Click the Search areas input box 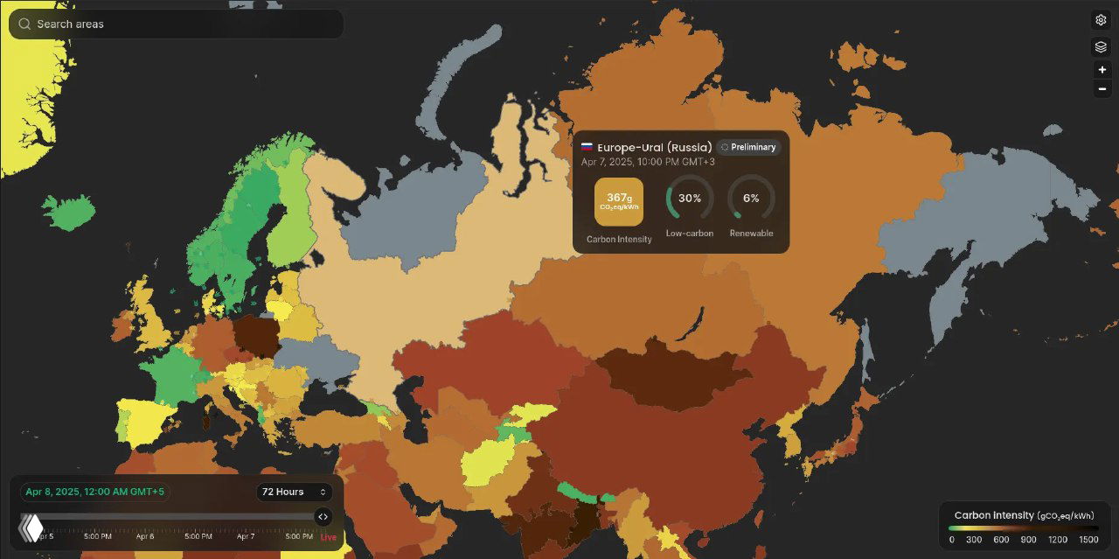[175, 24]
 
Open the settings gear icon [1102, 20]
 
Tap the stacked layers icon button [1102, 47]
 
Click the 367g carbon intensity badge [619, 202]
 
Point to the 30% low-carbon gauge [690, 199]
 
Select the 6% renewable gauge [751, 199]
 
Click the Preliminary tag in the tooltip [747, 147]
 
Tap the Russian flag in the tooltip [587, 147]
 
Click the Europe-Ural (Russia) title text [654, 147]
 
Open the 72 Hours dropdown [294, 492]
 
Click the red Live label [328, 536]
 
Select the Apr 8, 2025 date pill [94, 492]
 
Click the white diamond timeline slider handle [32, 527]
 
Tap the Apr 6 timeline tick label [145, 536]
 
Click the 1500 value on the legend [1088, 539]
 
